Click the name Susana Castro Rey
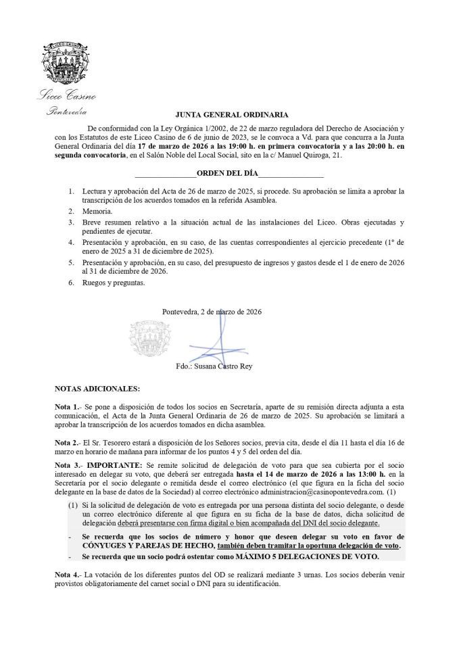[224, 366]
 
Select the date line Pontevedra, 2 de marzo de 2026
[212, 312]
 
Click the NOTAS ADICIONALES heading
[97, 389]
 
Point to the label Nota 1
[67, 408]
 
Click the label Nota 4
[67, 575]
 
